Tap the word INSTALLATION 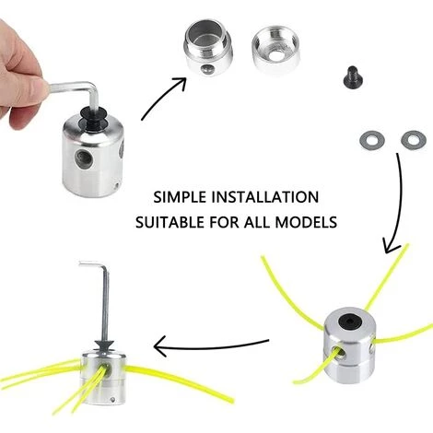(x=265, y=197)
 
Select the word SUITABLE (x=170, y=222)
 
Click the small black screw (x=353, y=77)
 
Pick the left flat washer (x=372, y=140)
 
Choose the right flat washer (x=414, y=140)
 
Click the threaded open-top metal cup (x=208, y=47)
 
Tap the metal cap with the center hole (x=275, y=50)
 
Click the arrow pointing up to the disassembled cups (x=162, y=97)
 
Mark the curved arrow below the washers (x=399, y=203)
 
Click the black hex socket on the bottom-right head (x=350, y=322)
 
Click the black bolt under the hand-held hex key (x=93, y=119)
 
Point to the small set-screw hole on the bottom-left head (x=113, y=399)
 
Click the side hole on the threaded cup (x=207, y=70)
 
